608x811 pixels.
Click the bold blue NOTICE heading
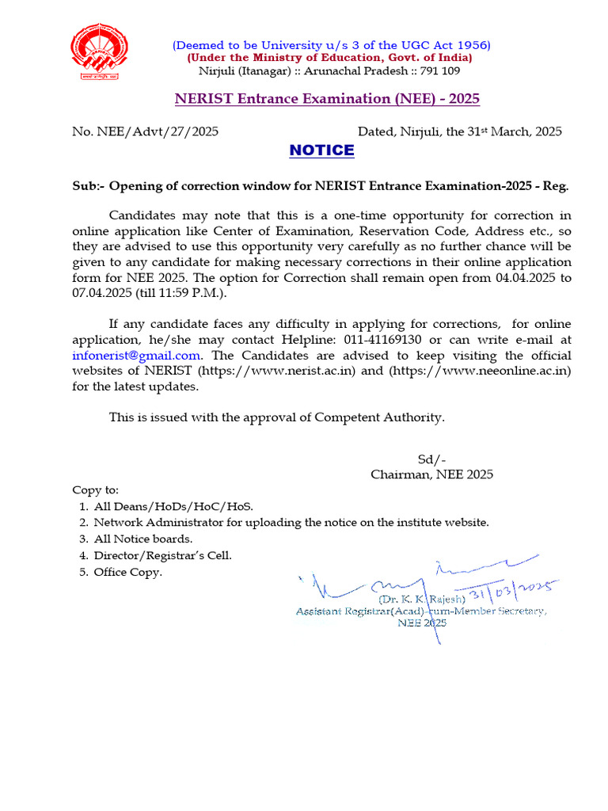321,150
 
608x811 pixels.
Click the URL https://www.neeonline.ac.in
480,371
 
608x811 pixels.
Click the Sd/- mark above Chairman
431,459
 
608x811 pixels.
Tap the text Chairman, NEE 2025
431,474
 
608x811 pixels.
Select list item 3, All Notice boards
142,539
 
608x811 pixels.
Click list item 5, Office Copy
127,572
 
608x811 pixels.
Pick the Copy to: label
95,490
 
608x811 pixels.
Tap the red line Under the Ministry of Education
329,58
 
